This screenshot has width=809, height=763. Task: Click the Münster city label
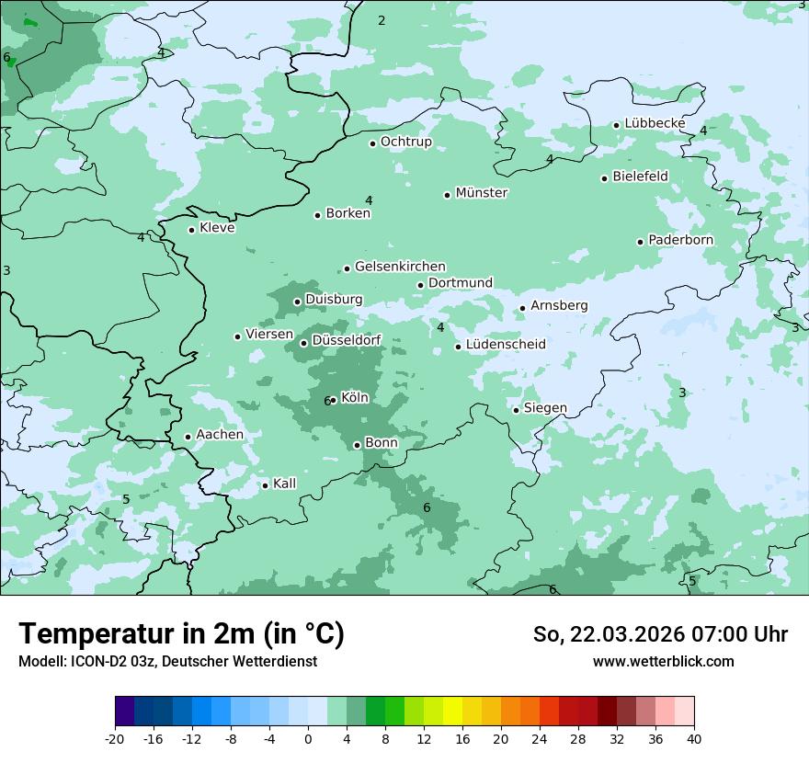coord(482,193)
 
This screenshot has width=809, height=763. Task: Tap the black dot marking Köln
coord(334,399)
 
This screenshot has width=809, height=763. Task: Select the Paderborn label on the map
coord(680,240)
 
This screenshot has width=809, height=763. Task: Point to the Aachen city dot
coord(188,438)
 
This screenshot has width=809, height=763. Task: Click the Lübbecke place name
coord(655,123)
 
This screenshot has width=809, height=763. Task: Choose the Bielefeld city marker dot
coord(605,178)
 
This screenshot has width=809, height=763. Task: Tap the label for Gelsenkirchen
coord(400,267)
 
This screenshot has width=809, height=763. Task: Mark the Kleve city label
coord(217,228)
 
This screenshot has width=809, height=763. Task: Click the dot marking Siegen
coord(517,410)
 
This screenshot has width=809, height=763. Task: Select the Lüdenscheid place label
coord(506,345)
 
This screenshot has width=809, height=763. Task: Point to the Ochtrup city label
coord(405,142)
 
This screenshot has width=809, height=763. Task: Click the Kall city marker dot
coord(266,485)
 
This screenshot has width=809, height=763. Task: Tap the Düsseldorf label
coord(347,341)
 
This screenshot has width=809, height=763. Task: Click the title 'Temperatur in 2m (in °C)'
coord(181,634)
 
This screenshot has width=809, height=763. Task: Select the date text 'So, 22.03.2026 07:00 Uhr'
coord(660,634)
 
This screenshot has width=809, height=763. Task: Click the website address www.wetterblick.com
coord(663,661)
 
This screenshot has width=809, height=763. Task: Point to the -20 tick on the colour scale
coord(115,738)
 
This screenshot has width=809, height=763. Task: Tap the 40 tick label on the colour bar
coord(694,738)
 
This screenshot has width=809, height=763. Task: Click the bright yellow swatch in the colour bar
coord(453,712)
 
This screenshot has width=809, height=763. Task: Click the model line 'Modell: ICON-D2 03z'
coord(167,661)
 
